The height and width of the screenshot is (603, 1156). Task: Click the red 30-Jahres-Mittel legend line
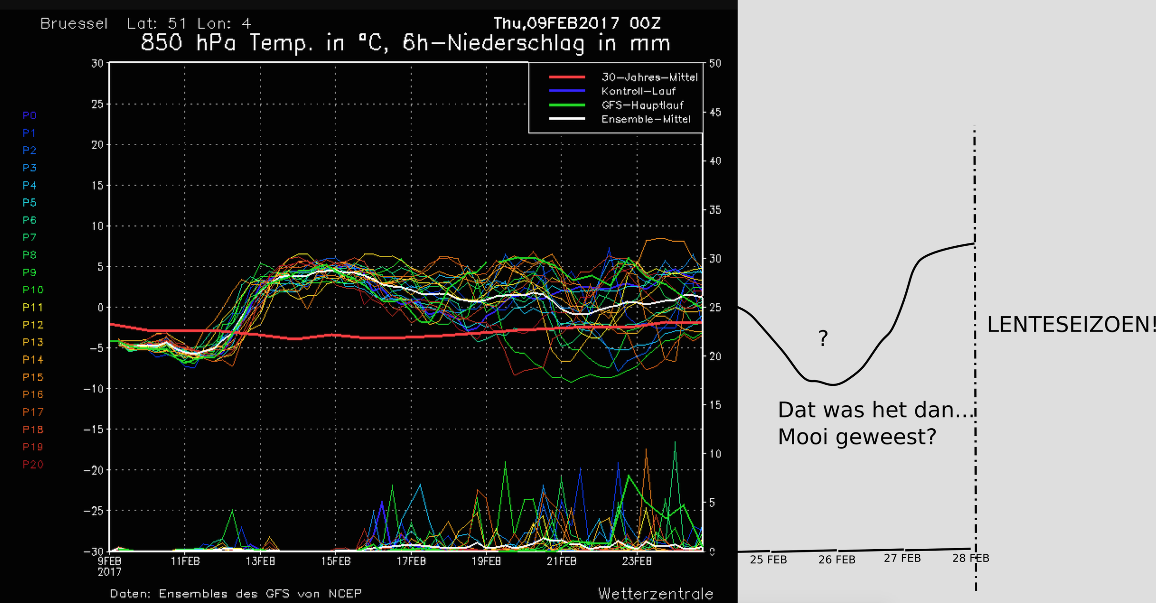click(567, 77)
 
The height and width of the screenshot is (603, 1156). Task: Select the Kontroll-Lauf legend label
click(638, 91)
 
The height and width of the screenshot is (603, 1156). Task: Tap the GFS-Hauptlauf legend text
click(642, 105)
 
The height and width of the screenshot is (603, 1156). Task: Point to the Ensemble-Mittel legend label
click(646, 119)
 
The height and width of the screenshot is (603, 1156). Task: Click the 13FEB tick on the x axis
click(260, 561)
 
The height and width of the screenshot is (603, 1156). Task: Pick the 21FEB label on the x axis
click(562, 561)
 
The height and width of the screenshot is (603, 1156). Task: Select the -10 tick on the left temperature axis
click(94, 389)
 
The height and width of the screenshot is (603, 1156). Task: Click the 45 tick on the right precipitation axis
click(715, 112)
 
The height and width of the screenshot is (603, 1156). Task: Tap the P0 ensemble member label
click(30, 115)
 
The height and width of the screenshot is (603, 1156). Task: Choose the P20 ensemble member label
click(33, 464)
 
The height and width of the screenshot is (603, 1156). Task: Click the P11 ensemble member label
click(33, 307)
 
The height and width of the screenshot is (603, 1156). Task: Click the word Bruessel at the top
click(74, 24)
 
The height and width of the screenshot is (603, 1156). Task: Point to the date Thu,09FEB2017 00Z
click(577, 23)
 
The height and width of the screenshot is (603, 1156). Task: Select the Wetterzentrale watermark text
click(655, 593)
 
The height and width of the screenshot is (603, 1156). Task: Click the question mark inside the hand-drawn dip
click(823, 338)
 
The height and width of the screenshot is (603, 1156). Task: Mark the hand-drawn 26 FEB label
click(837, 560)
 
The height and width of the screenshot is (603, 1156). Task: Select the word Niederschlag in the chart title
click(516, 44)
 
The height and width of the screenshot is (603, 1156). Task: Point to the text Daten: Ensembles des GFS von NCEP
click(236, 593)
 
